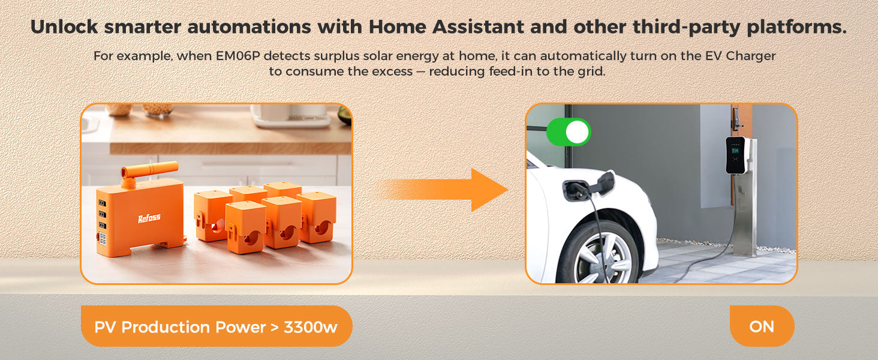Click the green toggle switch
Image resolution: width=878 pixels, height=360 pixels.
pyautogui.click(x=569, y=132)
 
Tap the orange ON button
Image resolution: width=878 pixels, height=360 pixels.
pyautogui.click(x=762, y=326)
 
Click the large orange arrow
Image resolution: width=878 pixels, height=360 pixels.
pyautogui.click(x=443, y=190)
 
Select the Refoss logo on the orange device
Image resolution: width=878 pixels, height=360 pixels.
pyautogui.click(x=149, y=218)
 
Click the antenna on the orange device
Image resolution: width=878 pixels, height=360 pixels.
pyautogui.click(x=149, y=170)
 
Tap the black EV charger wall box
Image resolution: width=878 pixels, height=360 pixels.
pyautogui.click(x=735, y=155)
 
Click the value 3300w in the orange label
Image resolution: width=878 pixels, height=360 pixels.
pyautogui.click(x=311, y=327)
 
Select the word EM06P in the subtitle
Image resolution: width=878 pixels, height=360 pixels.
pyautogui.click(x=238, y=56)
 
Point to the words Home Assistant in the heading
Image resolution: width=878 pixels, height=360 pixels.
pyautogui.click(x=446, y=27)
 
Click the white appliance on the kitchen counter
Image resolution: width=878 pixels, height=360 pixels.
pyautogui.click(x=291, y=116)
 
